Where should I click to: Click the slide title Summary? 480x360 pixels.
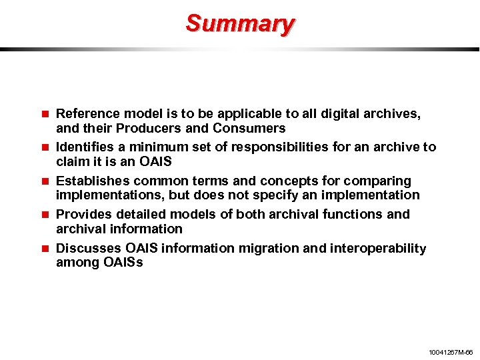click(x=240, y=23)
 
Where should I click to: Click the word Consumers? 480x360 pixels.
click(x=249, y=128)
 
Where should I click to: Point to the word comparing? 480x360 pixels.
click(x=381, y=181)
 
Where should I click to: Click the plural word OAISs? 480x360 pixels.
click(x=123, y=263)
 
